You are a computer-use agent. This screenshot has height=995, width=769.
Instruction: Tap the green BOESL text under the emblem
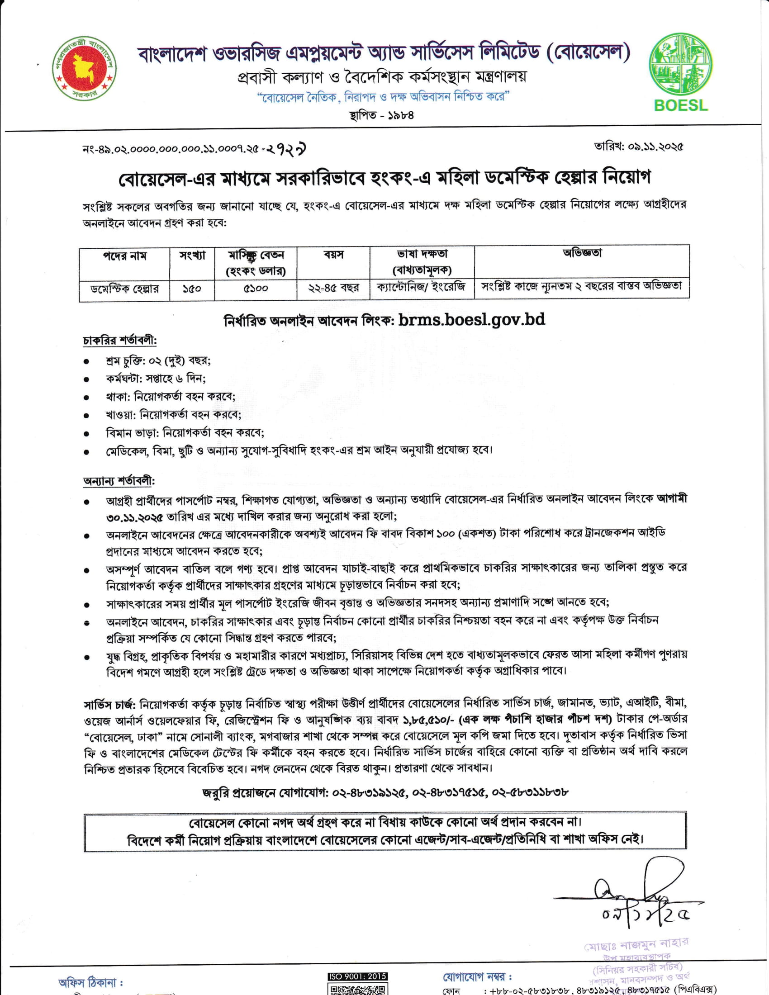(x=681, y=105)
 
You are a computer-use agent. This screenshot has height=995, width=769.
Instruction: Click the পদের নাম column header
(x=124, y=256)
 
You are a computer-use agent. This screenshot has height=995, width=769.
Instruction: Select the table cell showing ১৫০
(x=192, y=289)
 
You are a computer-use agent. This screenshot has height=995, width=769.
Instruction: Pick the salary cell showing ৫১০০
(x=256, y=289)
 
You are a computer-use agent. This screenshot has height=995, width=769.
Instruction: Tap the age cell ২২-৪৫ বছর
(x=333, y=288)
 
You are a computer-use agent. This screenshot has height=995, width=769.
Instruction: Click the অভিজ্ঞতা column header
(x=582, y=253)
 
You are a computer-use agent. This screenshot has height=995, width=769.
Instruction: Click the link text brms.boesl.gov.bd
(x=471, y=319)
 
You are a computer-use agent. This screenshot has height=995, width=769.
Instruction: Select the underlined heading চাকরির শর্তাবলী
(x=120, y=341)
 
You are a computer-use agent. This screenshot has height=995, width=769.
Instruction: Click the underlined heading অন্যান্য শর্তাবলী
(x=119, y=481)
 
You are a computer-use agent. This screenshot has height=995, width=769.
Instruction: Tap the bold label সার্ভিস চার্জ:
(x=109, y=704)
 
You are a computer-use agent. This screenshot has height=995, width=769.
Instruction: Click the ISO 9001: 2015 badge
(x=358, y=976)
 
